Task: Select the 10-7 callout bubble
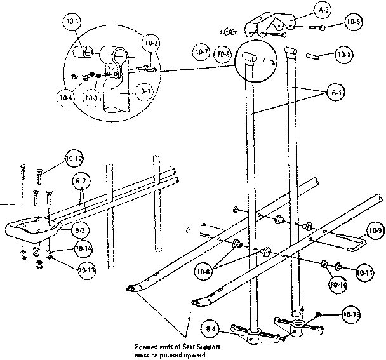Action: point(203,51)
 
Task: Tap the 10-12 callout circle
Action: point(74,157)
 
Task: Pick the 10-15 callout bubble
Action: point(351,313)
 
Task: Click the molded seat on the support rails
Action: point(32,229)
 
